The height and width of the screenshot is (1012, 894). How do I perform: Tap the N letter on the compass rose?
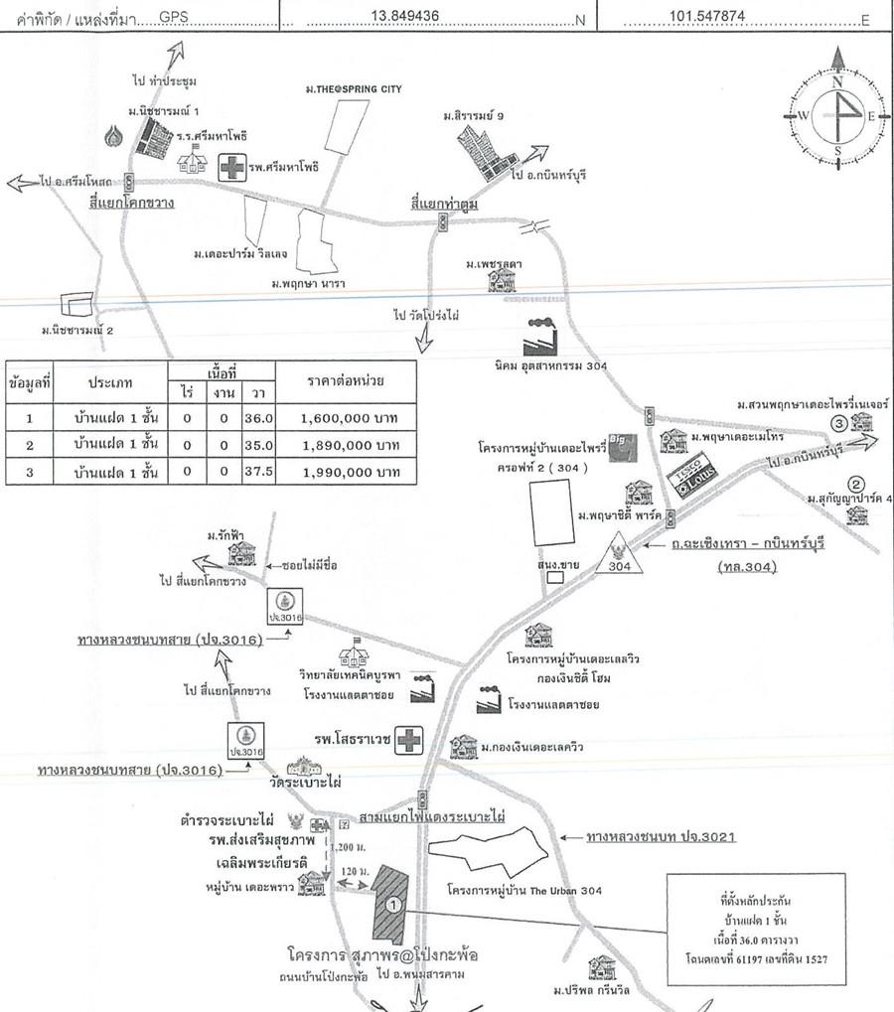[837, 83]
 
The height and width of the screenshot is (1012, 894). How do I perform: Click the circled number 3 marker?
[838, 423]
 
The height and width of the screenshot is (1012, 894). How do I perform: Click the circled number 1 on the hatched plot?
[393, 904]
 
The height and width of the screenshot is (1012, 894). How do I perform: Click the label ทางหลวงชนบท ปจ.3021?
[660, 838]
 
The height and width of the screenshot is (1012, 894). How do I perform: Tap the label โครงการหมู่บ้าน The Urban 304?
[523, 890]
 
